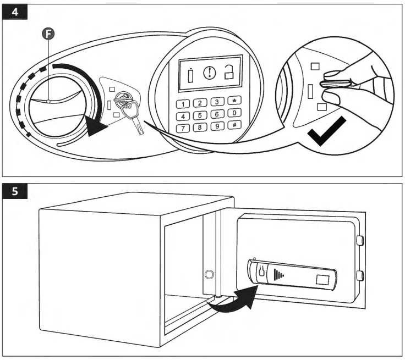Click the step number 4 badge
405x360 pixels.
(x=14, y=13)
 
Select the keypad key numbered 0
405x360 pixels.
(x=235, y=113)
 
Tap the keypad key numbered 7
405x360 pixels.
(x=182, y=129)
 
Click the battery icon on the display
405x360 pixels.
(x=191, y=73)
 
